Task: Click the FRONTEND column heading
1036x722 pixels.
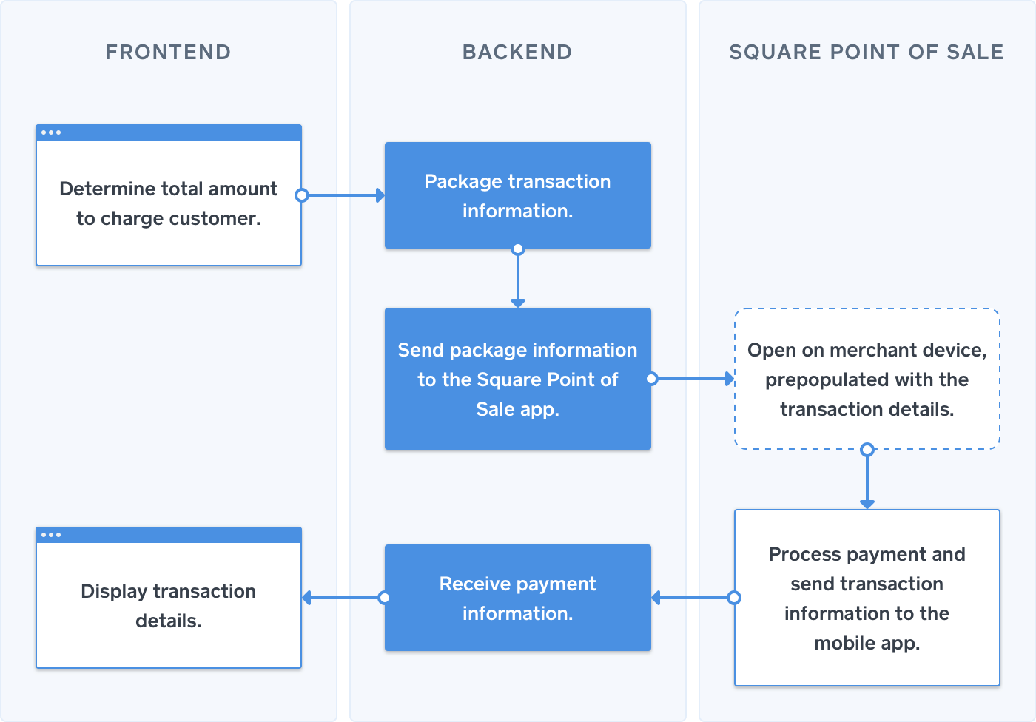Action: click(x=168, y=52)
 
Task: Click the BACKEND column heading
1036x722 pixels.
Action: click(x=517, y=52)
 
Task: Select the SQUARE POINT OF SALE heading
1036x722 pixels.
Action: click(x=867, y=52)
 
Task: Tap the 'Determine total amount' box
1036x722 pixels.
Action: click(x=169, y=203)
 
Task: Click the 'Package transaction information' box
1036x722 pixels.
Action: click(x=517, y=196)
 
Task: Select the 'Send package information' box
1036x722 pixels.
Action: click(x=517, y=379)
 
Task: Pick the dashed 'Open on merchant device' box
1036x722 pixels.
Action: click(x=867, y=379)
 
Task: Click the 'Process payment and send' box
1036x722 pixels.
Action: click(x=867, y=598)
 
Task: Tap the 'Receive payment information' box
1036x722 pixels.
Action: click(x=517, y=598)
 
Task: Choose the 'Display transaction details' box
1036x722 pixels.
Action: click(x=169, y=605)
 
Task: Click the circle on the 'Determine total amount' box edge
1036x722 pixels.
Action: click(x=301, y=195)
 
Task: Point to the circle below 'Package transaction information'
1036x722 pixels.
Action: click(x=518, y=249)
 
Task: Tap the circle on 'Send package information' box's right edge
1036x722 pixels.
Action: click(x=651, y=379)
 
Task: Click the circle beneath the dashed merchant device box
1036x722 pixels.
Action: click(x=867, y=449)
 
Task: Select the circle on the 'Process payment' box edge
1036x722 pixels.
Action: click(x=734, y=598)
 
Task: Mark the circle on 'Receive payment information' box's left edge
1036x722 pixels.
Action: click(x=385, y=598)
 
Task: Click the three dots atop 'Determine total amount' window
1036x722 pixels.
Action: click(x=51, y=132)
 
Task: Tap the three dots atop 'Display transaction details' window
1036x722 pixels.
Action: click(x=51, y=535)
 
